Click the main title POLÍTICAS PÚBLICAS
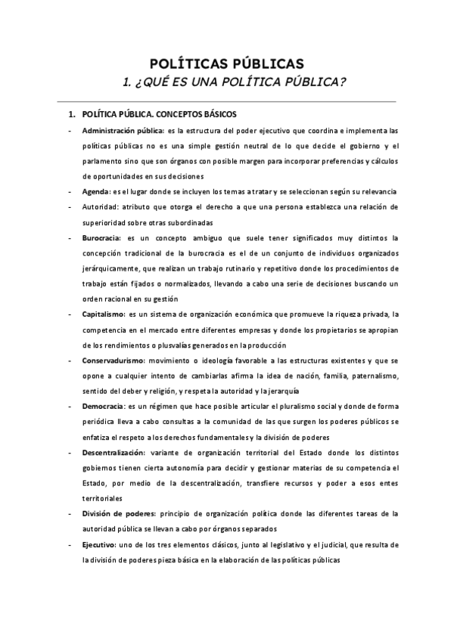pos(227,62)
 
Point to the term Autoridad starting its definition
pos(101,207)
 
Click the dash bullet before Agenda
pos(70,191)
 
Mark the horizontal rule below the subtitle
pos(227,101)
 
